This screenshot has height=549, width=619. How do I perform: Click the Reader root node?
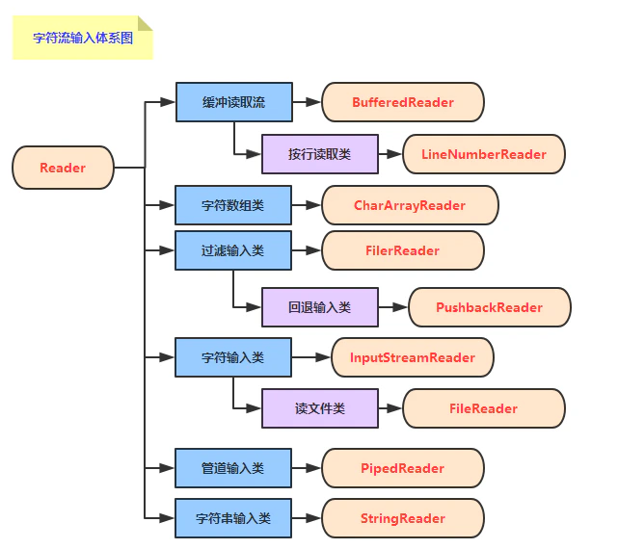point(63,168)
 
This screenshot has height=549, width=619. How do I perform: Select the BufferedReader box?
point(402,102)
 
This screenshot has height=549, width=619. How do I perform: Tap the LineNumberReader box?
point(483,154)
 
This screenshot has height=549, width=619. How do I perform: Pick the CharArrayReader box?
point(409,205)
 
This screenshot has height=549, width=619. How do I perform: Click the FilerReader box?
point(402,250)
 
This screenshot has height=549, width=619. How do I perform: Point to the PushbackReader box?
point(489,307)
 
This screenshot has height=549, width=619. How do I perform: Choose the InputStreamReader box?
point(412,357)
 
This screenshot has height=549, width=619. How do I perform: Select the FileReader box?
point(483,408)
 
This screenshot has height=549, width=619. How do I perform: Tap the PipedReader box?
point(402,468)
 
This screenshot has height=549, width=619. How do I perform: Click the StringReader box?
point(402,518)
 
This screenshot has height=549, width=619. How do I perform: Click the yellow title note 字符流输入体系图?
point(82,39)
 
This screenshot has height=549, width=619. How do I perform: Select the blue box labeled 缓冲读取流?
point(232,102)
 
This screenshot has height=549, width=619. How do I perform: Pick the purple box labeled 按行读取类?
point(319,154)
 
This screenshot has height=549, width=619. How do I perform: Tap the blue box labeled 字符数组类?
point(232,205)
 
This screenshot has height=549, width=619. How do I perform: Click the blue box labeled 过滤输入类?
point(232,250)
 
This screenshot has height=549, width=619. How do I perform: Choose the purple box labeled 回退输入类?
point(319,307)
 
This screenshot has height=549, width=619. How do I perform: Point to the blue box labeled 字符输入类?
point(232,357)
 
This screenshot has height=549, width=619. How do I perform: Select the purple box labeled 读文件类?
point(319,408)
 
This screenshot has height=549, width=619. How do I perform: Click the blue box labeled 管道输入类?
point(232,468)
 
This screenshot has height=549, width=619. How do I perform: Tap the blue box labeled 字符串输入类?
point(232,518)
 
